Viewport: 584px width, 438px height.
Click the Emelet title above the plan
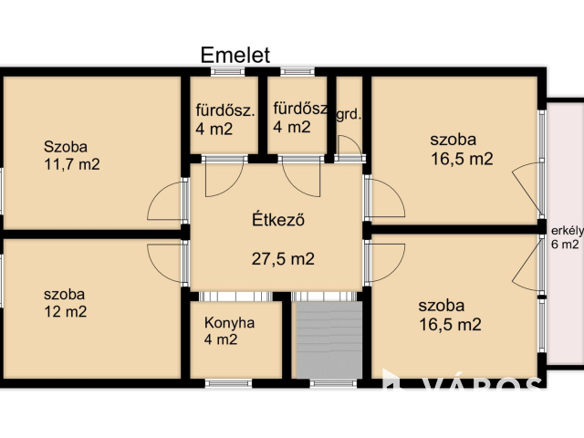click(x=235, y=55)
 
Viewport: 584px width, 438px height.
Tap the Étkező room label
click(x=278, y=219)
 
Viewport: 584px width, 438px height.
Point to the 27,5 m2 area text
click(x=283, y=258)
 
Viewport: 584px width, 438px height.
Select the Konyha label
click(x=229, y=322)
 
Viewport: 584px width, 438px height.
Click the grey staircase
click(x=329, y=339)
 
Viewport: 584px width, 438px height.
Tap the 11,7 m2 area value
click(x=72, y=164)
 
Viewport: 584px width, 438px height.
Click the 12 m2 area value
click(x=65, y=311)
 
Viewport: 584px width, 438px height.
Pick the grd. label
click(x=349, y=115)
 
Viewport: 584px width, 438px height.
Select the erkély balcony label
click(x=568, y=231)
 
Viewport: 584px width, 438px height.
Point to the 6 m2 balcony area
click(x=565, y=245)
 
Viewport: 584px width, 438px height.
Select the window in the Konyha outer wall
click(x=228, y=383)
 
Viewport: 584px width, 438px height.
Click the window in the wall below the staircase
click(x=333, y=383)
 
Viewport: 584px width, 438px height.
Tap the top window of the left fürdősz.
click(x=228, y=71)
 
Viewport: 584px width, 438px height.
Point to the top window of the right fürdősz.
click(x=297, y=71)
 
